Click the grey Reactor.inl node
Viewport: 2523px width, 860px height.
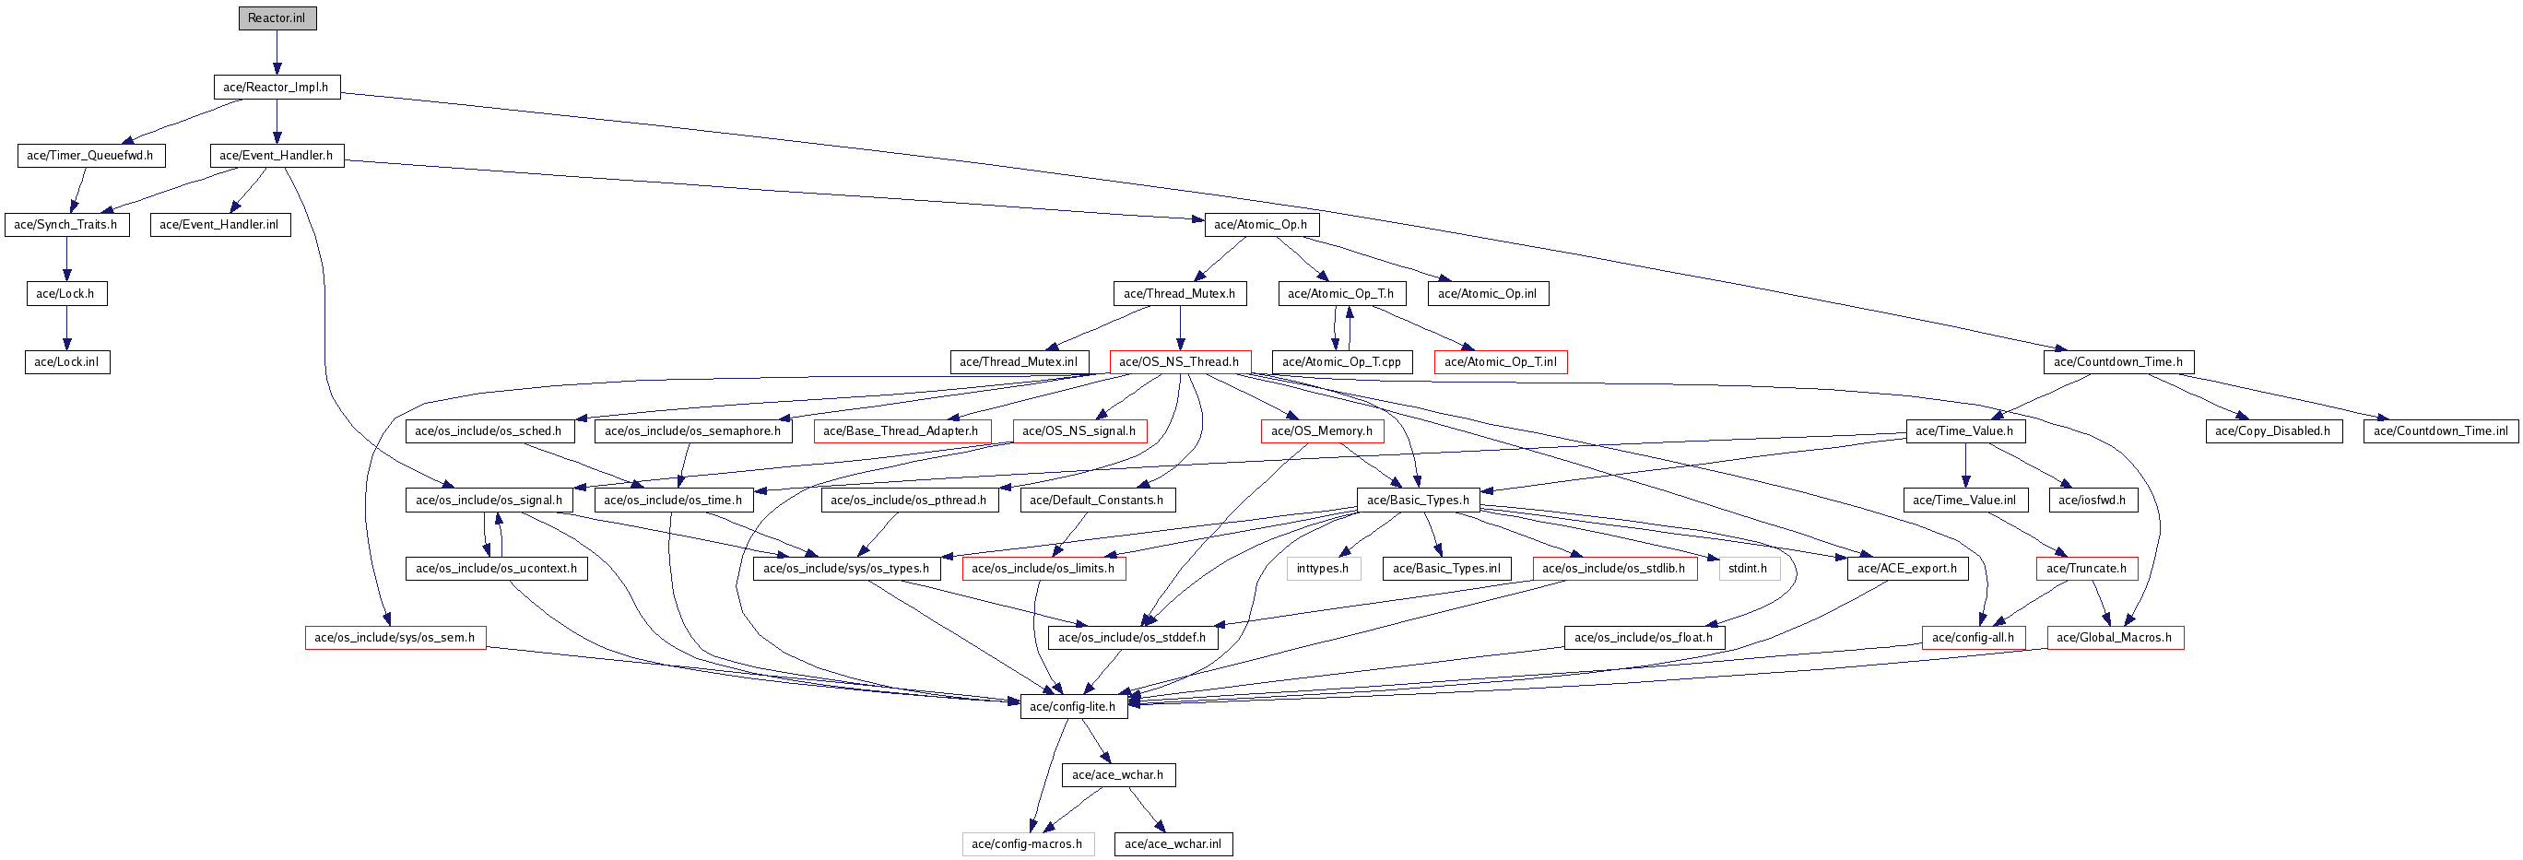[x=277, y=18]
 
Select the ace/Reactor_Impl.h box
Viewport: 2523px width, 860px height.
[x=277, y=88]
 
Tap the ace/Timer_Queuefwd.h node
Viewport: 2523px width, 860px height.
[x=90, y=156]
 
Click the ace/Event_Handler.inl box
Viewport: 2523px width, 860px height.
[x=219, y=225]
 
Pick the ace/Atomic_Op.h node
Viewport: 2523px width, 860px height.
[x=1260, y=225]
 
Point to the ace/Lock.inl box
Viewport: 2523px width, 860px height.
[x=66, y=362]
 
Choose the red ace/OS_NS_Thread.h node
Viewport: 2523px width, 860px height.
[x=1179, y=362]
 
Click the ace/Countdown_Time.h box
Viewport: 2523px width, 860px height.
[x=2117, y=362]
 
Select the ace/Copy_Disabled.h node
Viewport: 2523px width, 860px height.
[x=2273, y=431]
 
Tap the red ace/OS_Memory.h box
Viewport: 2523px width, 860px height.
[x=1321, y=431]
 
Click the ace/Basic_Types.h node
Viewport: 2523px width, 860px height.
[x=1417, y=501]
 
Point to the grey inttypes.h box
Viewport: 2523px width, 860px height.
[x=1322, y=569]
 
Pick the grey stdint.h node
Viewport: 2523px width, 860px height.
[x=1748, y=569]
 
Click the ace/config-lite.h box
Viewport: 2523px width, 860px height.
[x=1072, y=707]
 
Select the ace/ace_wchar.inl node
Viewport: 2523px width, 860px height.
[x=1173, y=844]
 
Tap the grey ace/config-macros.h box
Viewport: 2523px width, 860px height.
[x=1027, y=844]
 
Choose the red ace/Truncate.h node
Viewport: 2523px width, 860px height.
[x=2086, y=569]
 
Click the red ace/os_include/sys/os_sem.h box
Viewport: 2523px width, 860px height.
[x=395, y=639]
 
